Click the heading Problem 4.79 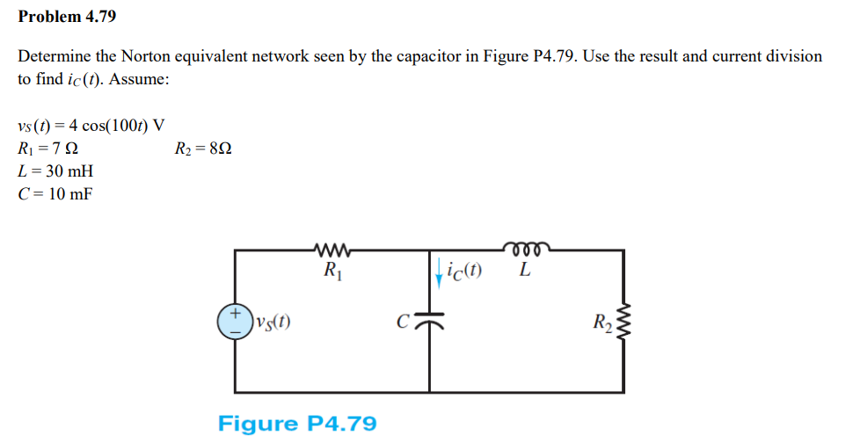click(67, 17)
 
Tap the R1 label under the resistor click(332, 270)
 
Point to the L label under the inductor click(525, 271)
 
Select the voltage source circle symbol click(235, 321)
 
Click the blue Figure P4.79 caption click(297, 424)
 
